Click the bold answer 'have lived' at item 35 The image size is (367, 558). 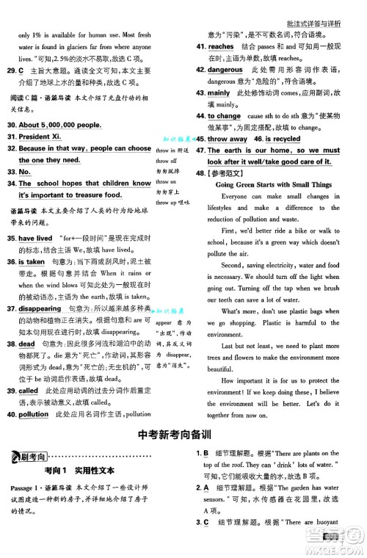[35, 239]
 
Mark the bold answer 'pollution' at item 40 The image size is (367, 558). [34, 414]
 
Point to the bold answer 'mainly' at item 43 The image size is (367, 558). [219, 93]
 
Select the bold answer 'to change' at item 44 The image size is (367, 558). [224, 116]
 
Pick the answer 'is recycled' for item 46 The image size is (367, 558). [283, 139]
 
